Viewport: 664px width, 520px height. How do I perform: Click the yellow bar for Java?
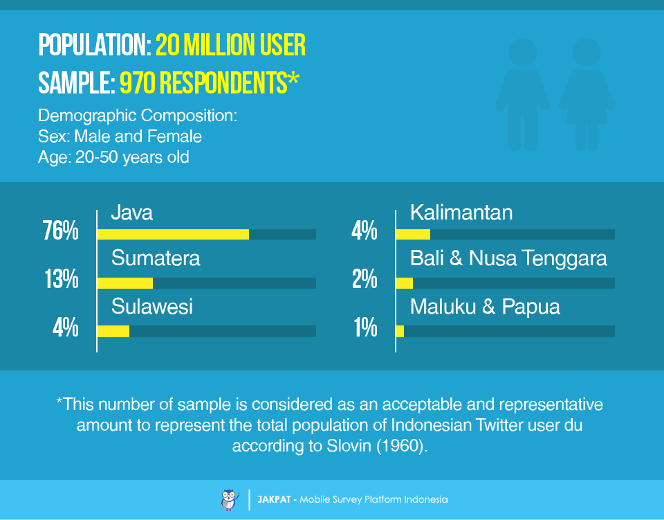[173, 234]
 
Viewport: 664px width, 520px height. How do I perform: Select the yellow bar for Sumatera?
[125, 283]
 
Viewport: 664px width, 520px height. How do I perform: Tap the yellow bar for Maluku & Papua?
[400, 332]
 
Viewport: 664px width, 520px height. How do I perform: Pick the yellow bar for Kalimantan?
[413, 234]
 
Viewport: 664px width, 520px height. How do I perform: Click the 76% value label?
[61, 231]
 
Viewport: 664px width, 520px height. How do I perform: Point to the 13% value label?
[62, 279]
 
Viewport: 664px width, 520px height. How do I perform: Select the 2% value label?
[365, 279]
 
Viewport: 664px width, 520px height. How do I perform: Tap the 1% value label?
[366, 328]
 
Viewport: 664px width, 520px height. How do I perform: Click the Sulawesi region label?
[152, 307]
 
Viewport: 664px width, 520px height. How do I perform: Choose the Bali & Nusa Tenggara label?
[508, 258]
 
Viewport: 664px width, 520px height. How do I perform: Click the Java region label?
[131, 213]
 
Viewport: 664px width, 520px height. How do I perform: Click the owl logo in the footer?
[229, 500]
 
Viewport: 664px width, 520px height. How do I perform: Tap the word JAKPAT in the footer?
[274, 500]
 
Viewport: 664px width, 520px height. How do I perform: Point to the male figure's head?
[523, 53]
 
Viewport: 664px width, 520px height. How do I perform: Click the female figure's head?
[587, 53]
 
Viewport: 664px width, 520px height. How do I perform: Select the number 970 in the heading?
[138, 82]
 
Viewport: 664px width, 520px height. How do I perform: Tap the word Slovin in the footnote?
[349, 446]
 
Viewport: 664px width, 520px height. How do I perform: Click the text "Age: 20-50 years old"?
[113, 157]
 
